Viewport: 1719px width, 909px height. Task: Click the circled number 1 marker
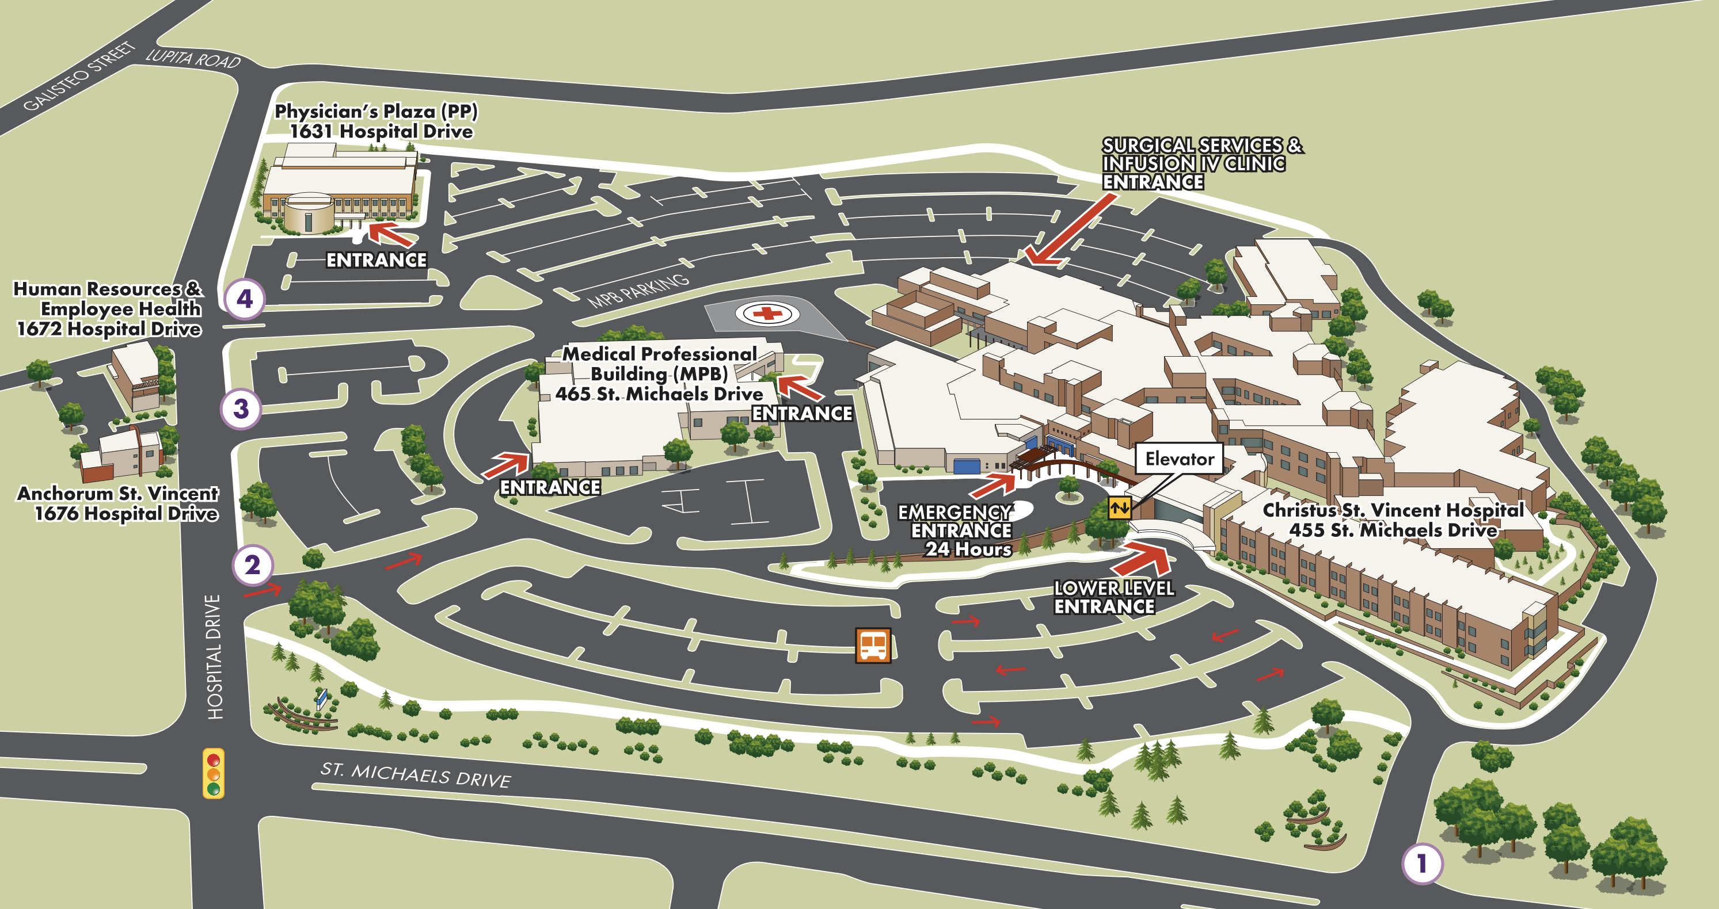[x=1422, y=864]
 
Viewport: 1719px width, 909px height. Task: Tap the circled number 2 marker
[x=252, y=565]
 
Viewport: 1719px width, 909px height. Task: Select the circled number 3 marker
[x=241, y=408]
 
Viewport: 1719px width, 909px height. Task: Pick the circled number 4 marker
[x=245, y=298]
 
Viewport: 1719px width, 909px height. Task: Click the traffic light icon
[x=214, y=774]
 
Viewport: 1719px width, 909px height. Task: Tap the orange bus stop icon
[x=873, y=645]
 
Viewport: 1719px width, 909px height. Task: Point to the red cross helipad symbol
[x=767, y=313]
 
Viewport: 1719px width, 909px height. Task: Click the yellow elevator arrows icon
[x=1119, y=507]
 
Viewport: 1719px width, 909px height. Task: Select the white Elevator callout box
[x=1179, y=459]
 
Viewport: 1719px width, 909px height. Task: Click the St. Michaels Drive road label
[x=415, y=775]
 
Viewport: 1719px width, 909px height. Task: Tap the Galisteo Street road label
[x=79, y=76]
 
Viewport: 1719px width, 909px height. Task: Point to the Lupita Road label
[x=193, y=59]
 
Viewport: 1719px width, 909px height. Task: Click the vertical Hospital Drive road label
[x=214, y=657]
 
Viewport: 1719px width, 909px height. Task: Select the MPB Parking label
[x=638, y=291]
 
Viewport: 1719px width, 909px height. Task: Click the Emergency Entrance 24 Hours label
[x=956, y=530]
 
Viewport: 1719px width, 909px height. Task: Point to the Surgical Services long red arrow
[x=1070, y=230]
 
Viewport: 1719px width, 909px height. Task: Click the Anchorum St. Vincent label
[x=117, y=503]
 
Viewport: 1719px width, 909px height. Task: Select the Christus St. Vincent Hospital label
[x=1393, y=520]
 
